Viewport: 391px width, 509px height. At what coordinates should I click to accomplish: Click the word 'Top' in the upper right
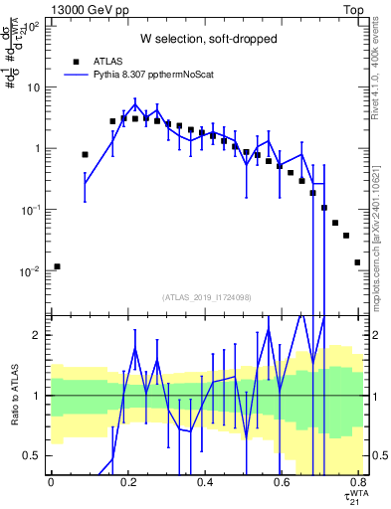pyautogui.click(x=355, y=8)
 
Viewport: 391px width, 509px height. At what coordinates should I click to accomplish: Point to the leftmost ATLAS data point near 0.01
pyautogui.click(x=57, y=266)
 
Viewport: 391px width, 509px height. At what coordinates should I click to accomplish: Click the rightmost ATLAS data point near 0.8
pyautogui.click(x=357, y=262)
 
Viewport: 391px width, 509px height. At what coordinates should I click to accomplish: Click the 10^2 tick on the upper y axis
pyautogui.click(x=32, y=26)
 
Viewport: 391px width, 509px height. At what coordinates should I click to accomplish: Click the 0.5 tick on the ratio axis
pyautogui.click(x=35, y=455)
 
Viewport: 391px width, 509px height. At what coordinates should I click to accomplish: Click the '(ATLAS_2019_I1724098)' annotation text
pyautogui.click(x=206, y=297)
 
